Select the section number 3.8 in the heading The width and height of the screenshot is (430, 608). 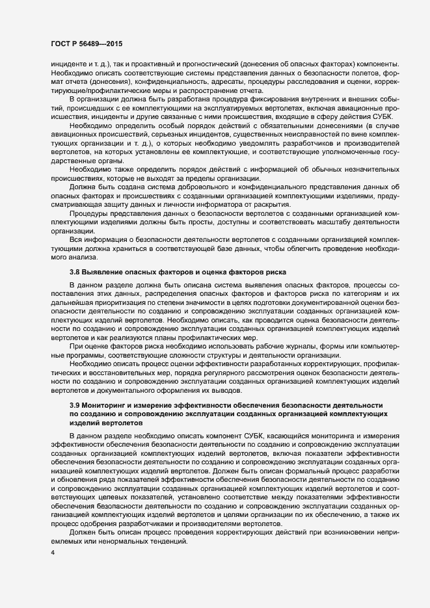(74, 270)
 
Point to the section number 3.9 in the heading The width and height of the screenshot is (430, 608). (74, 405)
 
